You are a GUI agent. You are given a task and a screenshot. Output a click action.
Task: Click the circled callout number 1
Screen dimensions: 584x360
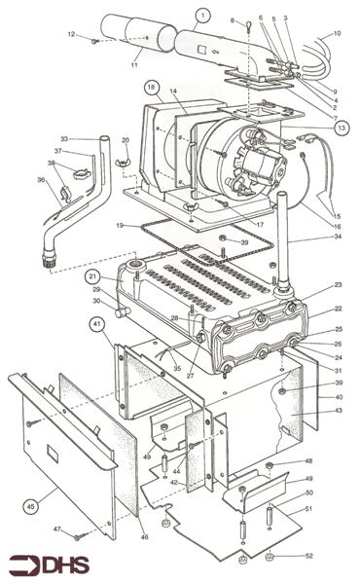coord(201,15)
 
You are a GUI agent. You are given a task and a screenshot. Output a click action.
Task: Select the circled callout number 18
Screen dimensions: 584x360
coord(152,87)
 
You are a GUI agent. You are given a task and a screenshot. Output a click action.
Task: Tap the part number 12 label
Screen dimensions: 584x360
coord(72,36)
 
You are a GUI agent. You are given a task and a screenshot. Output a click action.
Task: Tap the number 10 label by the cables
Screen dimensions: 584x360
coord(337,33)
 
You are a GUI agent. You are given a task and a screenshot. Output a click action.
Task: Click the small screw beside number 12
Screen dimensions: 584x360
coord(93,41)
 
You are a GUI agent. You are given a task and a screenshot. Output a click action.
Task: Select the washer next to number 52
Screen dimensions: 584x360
coord(269,557)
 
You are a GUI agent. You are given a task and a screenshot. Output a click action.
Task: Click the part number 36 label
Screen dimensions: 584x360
coord(40,179)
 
